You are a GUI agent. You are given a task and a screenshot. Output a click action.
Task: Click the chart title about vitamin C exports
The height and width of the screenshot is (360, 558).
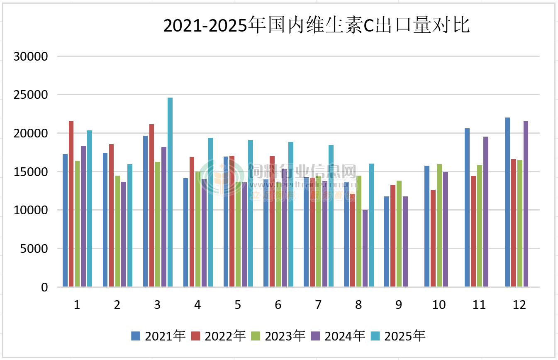316,26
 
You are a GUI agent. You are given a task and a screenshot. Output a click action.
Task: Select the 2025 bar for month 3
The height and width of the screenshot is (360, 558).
170,192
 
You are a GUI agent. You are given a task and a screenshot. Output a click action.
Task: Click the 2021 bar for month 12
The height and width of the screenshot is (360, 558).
507,202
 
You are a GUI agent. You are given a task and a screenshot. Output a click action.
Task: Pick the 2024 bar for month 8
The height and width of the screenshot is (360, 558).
365,248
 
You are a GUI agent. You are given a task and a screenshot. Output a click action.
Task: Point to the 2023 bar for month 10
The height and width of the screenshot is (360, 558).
439,225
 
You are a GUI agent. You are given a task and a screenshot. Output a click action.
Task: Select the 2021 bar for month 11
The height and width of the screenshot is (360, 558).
467,207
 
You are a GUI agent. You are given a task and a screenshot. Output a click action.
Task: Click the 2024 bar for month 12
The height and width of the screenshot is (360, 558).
526,203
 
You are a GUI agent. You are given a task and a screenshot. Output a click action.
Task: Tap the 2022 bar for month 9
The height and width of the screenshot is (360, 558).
392,235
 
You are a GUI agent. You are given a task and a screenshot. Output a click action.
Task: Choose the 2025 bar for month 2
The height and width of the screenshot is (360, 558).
130,225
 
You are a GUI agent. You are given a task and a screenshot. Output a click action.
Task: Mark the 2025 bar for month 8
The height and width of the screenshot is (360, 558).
371,225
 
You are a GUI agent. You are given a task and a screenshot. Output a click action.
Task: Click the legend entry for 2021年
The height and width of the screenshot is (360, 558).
158,336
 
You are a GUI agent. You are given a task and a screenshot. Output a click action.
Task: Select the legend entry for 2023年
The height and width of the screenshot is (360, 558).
278,336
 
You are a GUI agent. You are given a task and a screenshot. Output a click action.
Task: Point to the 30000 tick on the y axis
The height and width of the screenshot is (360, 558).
31,56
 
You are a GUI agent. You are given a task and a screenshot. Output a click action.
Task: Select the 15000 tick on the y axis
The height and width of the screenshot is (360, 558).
31,172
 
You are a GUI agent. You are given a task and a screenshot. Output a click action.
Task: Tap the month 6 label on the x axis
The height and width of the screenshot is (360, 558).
278,305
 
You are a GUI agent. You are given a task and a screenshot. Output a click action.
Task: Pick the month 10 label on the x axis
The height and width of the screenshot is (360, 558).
439,305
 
